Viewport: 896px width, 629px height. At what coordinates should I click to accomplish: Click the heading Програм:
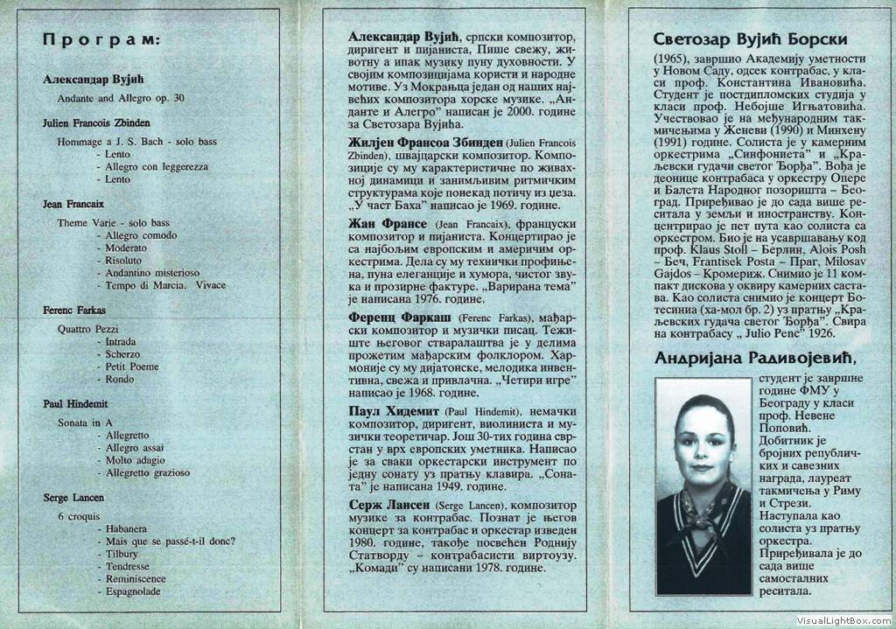pos(101,40)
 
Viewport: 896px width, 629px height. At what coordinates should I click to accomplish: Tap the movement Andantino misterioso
pos(152,273)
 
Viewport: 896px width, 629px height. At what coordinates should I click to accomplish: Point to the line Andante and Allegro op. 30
pos(121,98)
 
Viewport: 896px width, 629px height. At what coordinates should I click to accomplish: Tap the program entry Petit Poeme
pos(132,367)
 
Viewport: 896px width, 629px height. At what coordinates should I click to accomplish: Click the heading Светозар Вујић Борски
pos(750,39)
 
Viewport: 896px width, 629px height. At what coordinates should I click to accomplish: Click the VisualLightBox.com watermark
pos(843,619)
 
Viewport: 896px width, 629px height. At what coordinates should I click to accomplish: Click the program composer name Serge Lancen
pos(73,498)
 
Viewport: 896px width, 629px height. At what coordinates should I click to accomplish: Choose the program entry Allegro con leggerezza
pos(157,166)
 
